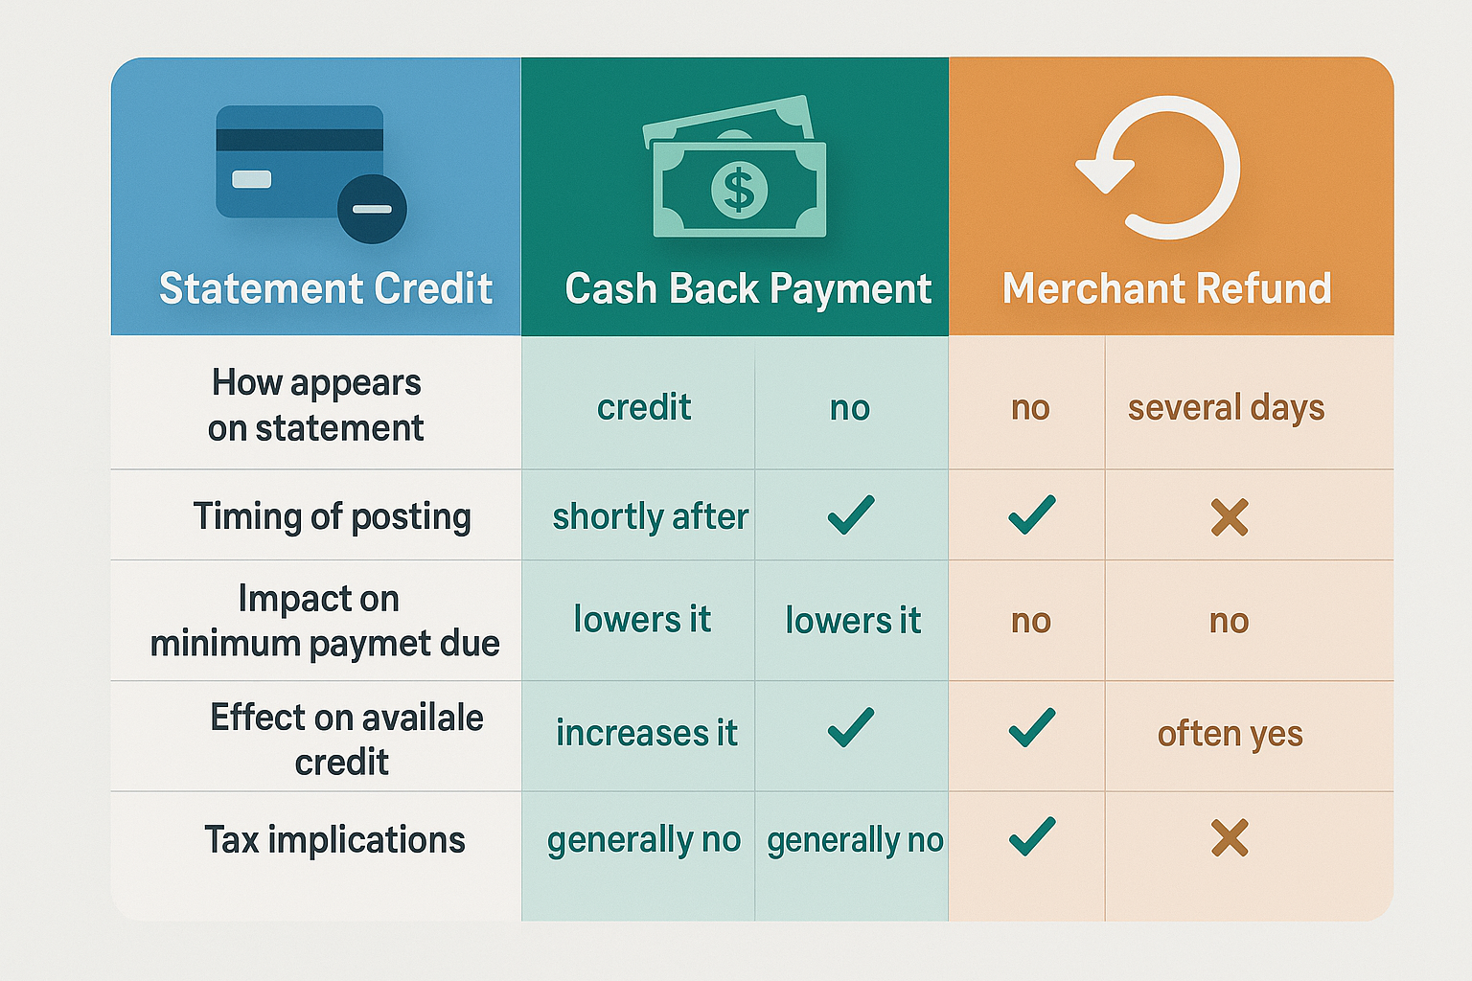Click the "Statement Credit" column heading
326,288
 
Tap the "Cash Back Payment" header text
747,288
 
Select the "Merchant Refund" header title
1166,288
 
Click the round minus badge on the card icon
372,209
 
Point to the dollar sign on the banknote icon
739,188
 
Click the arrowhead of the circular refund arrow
1105,172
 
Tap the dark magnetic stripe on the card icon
300,140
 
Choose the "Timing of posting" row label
332,516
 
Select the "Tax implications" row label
334,840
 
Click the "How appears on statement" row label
316,405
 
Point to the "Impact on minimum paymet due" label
324,621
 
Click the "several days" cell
1226,408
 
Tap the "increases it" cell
646,734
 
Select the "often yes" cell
1230,734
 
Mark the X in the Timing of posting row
1229,517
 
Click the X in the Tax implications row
1229,838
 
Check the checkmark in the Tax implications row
1031,836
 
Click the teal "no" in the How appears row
849,408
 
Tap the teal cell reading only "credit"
643,408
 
